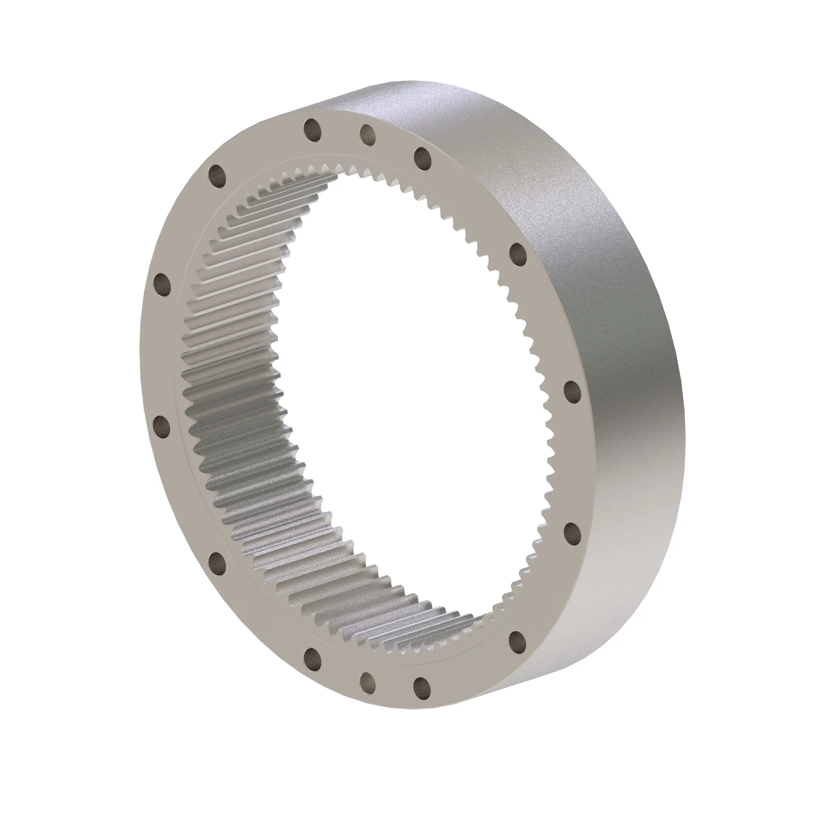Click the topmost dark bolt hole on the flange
312,129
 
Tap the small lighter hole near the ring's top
368,135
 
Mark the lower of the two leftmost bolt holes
161,426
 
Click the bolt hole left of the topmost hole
217,176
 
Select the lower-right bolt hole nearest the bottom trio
517,641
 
